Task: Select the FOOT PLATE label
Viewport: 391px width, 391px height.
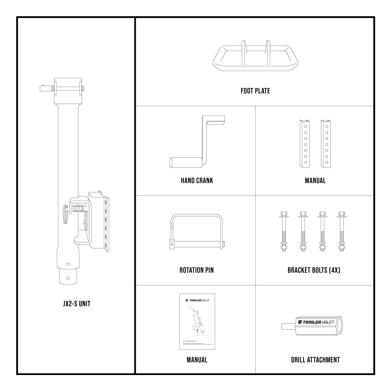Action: coord(255,91)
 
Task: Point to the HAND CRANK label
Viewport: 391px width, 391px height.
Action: coord(197,181)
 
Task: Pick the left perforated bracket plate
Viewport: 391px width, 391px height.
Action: coord(305,144)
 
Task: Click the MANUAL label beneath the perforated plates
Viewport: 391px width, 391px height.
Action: coord(315,181)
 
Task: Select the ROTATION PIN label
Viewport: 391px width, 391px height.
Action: coord(196,270)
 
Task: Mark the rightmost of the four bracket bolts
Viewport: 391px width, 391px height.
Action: coord(341,232)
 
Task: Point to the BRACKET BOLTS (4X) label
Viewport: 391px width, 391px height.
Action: coord(314,270)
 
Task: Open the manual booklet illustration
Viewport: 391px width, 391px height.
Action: coord(197,322)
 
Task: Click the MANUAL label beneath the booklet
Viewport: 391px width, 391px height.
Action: coord(197,360)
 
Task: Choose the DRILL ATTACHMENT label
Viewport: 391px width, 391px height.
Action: coord(315,360)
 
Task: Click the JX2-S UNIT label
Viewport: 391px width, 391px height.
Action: coord(77,304)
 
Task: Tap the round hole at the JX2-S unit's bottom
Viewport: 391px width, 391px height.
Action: coord(68,278)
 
